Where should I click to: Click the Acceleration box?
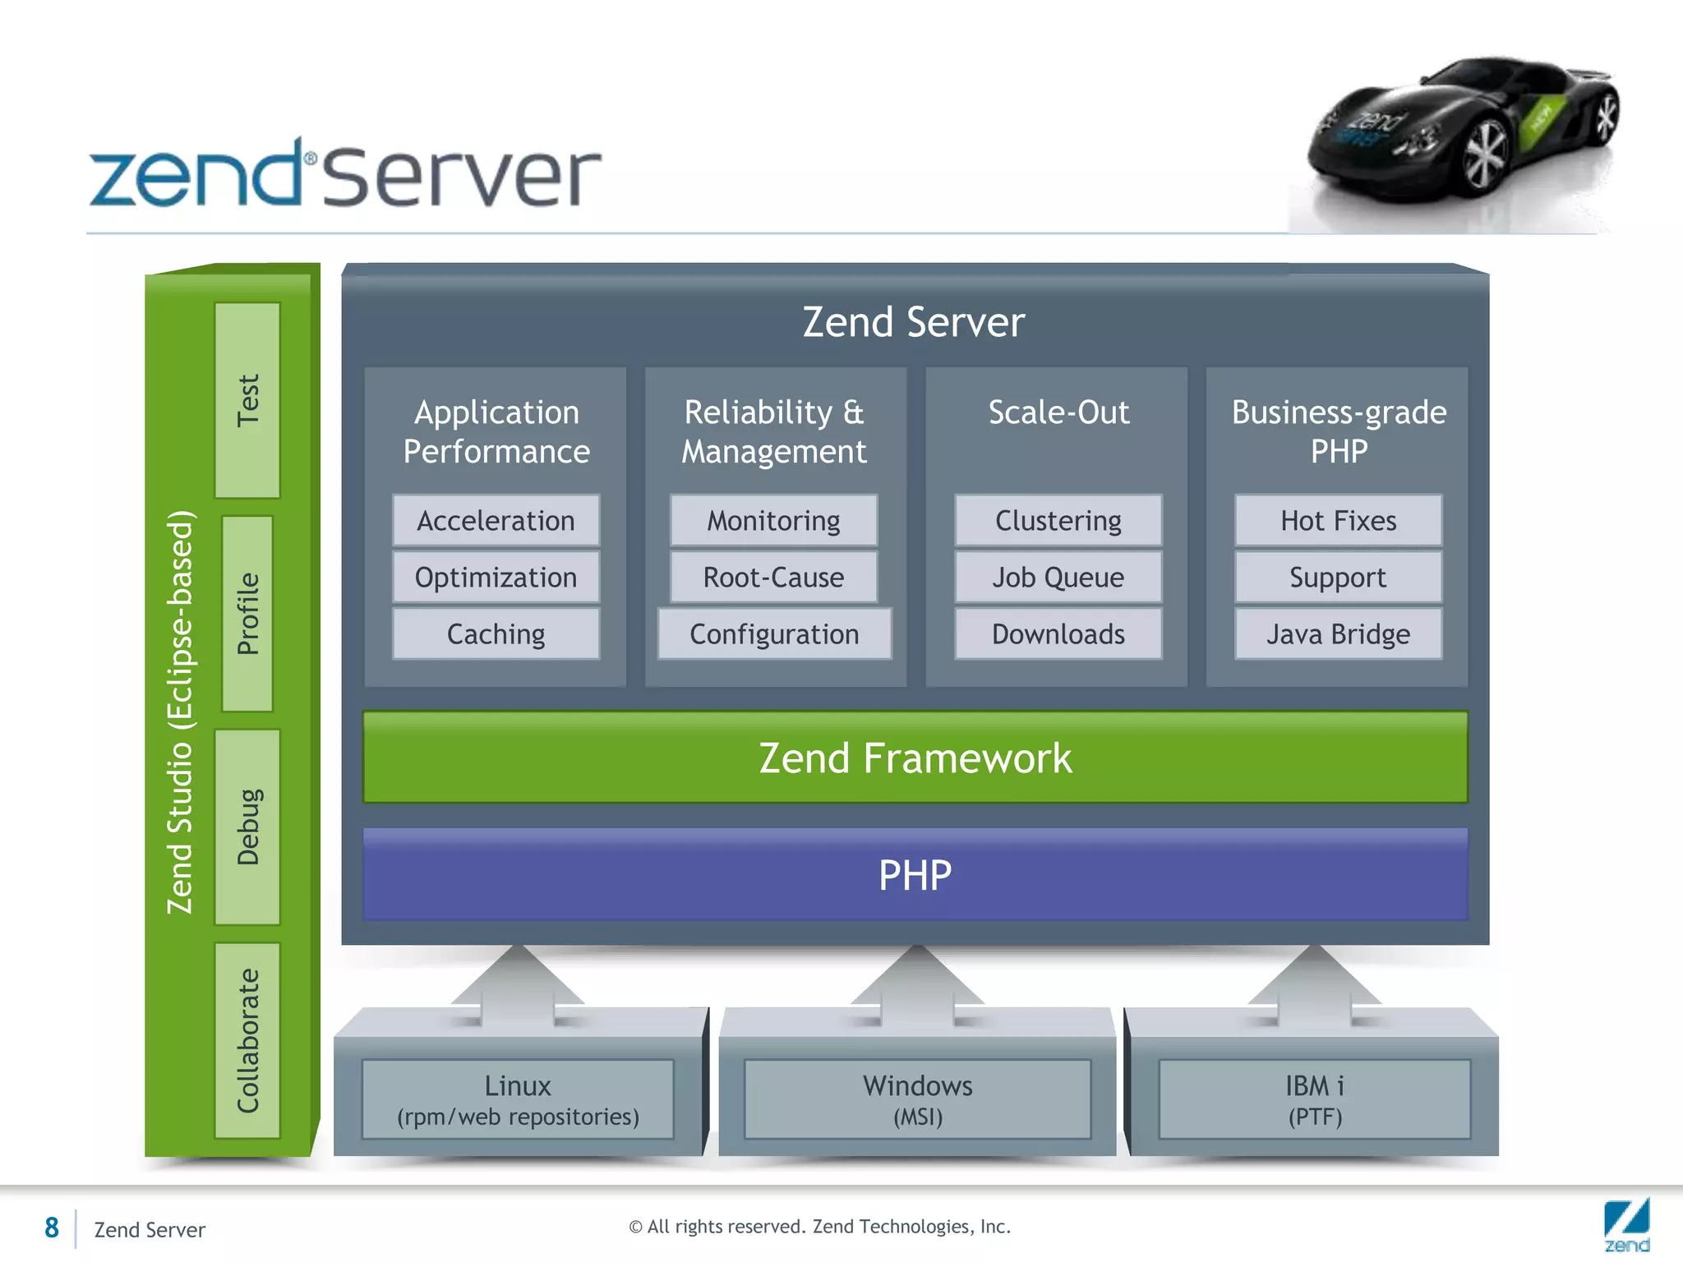pos(496,521)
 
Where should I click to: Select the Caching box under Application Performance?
pos(496,634)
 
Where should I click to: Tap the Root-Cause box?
pos(773,578)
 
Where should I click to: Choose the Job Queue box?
pos(1058,578)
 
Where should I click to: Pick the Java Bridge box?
pos(1338,634)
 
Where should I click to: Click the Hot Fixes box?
pos(1338,521)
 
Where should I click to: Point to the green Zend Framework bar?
pos(915,758)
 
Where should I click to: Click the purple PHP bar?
pos(915,875)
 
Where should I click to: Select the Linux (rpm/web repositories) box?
pos(518,1099)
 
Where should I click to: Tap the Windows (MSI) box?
pos(917,1099)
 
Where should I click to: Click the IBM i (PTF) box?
pos(1314,1099)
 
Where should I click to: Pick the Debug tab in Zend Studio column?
pos(247,827)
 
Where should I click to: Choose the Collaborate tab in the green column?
pos(247,1040)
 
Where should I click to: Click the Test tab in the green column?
pos(247,400)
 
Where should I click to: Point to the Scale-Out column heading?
pos(1058,412)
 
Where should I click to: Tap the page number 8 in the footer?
pos(52,1228)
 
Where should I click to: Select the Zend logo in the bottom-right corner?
pos(1626,1225)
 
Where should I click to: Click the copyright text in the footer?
pos(819,1227)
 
